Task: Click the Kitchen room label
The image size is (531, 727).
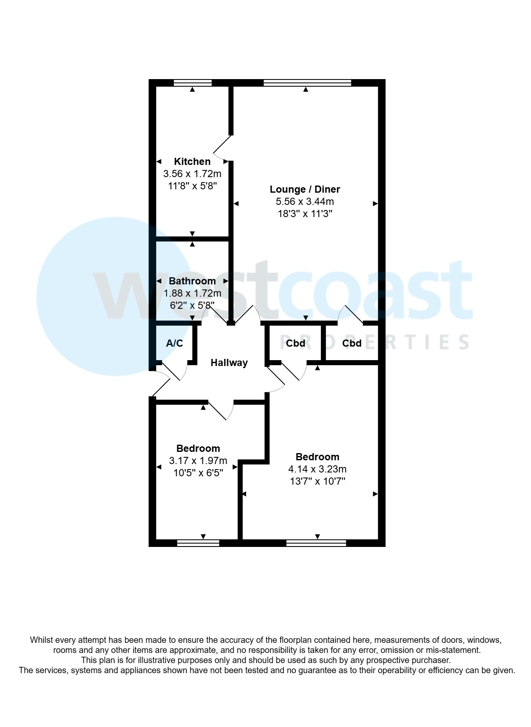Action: [x=192, y=162]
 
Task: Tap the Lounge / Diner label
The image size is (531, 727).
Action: [x=305, y=189]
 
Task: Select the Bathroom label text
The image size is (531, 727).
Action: [x=192, y=281]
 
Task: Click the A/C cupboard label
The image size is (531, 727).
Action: [x=174, y=343]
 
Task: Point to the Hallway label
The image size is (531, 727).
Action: [x=229, y=363]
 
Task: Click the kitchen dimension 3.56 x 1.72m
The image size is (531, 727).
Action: [x=192, y=174]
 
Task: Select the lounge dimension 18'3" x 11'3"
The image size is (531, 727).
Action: [x=305, y=214]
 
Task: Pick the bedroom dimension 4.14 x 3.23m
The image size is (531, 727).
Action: [x=317, y=469]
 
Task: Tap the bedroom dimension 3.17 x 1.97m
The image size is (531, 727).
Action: [x=198, y=461]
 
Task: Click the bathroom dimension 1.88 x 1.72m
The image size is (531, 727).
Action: [x=192, y=293]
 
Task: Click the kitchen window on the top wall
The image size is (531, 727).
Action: [x=192, y=82]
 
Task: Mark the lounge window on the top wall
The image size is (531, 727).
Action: [x=307, y=82]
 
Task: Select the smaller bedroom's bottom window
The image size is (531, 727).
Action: [x=198, y=543]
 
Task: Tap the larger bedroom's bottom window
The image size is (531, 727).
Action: [x=316, y=543]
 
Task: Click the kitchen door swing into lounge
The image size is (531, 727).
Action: [x=221, y=149]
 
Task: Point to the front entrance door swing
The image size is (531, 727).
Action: [x=161, y=381]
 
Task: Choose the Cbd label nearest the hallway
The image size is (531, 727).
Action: [x=295, y=343]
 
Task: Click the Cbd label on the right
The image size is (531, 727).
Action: [x=352, y=343]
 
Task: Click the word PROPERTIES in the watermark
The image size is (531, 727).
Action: [x=374, y=342]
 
